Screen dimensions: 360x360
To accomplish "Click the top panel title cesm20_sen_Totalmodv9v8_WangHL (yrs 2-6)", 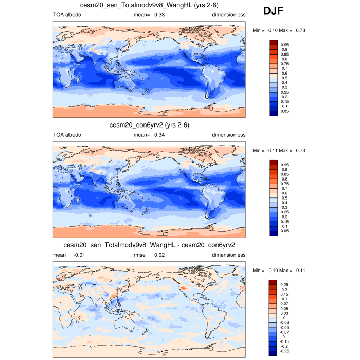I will point(149,5).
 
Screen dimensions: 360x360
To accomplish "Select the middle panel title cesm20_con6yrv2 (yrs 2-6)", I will point(149,125).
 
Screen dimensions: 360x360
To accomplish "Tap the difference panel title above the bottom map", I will point(149,245).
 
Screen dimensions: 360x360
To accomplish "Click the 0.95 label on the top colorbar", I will point(284,45).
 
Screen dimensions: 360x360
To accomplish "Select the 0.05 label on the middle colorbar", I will point(284,231).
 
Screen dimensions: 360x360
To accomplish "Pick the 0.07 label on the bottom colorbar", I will point(284,303).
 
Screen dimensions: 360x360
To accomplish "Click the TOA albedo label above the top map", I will point(66,15).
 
